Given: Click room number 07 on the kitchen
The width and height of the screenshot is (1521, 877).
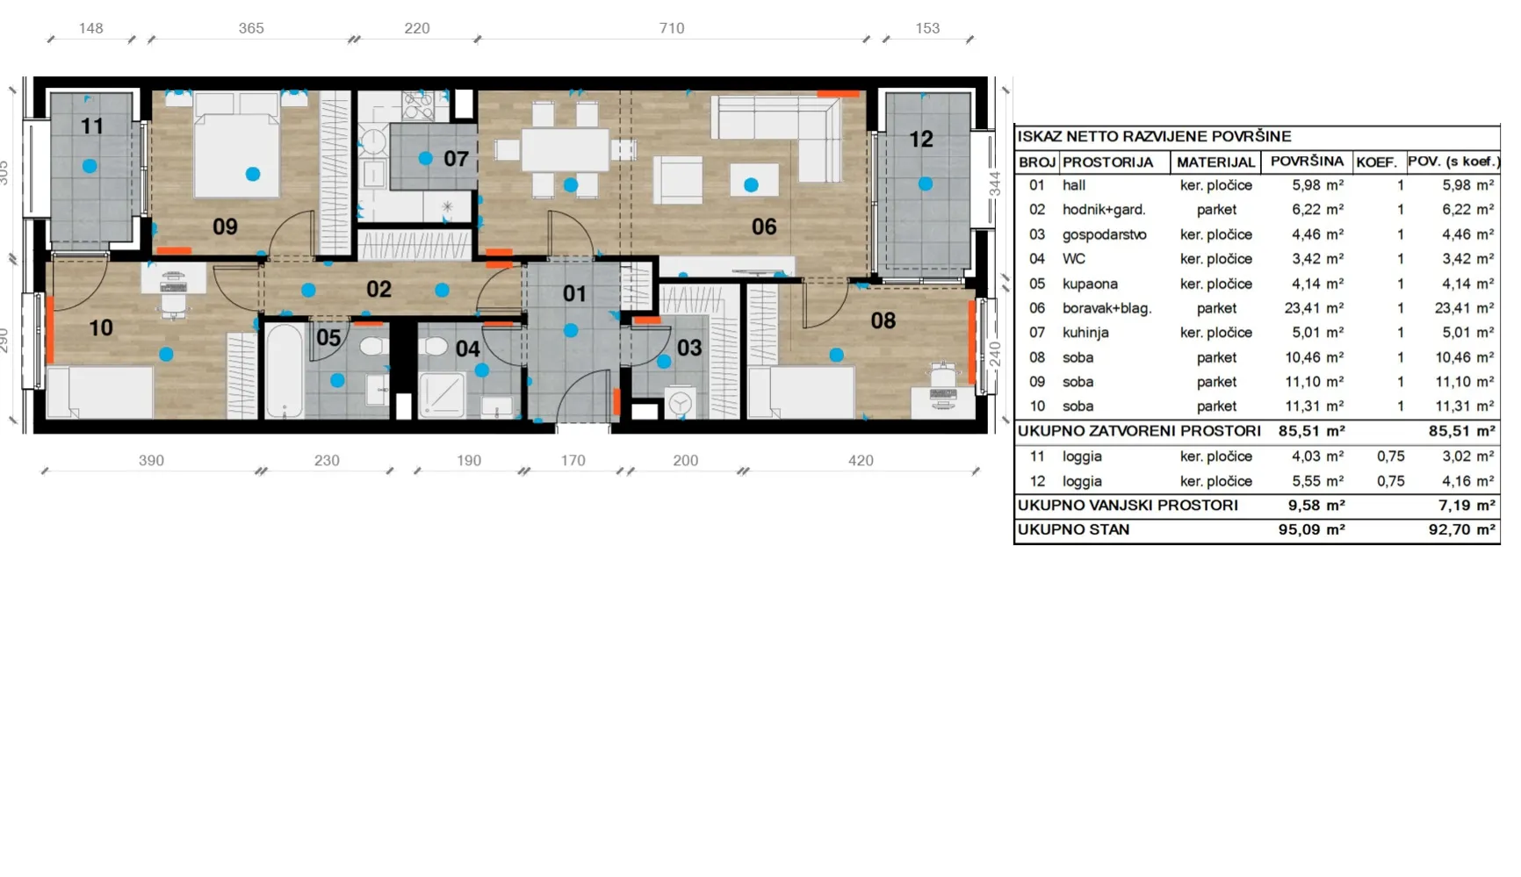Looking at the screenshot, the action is click(x=456, y=159).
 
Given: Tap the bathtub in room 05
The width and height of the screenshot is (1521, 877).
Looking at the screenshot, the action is click(x=285, y=371).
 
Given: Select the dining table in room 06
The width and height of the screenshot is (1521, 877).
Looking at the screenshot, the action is click(x=565, y=150).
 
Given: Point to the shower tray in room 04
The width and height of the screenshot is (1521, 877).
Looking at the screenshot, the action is click(x=442, y=393).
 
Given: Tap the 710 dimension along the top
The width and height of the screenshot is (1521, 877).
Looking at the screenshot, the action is click(x=672, y=28).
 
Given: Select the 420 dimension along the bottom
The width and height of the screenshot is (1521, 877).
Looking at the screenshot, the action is click(x=861, y=460).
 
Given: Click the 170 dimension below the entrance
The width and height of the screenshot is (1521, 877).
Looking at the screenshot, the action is click(x=573, y=460).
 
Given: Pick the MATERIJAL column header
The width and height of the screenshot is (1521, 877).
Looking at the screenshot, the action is click(x=1215, y=162).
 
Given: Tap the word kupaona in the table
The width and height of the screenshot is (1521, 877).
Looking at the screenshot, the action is click(x=1090, y=284).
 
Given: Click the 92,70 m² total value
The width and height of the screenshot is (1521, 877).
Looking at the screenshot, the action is click(x=1461, y=529).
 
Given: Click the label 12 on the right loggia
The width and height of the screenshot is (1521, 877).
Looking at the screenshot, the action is click(x=920, y=139).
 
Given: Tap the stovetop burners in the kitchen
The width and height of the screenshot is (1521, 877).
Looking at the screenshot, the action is click(x=418, y=106).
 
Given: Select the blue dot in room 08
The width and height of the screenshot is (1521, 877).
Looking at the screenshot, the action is click(x=836, y=355).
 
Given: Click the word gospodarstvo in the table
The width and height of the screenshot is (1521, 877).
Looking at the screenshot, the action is click(x=1104, y=234).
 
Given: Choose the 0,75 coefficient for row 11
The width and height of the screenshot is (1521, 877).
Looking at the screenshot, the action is click(x=1391, y=456).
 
